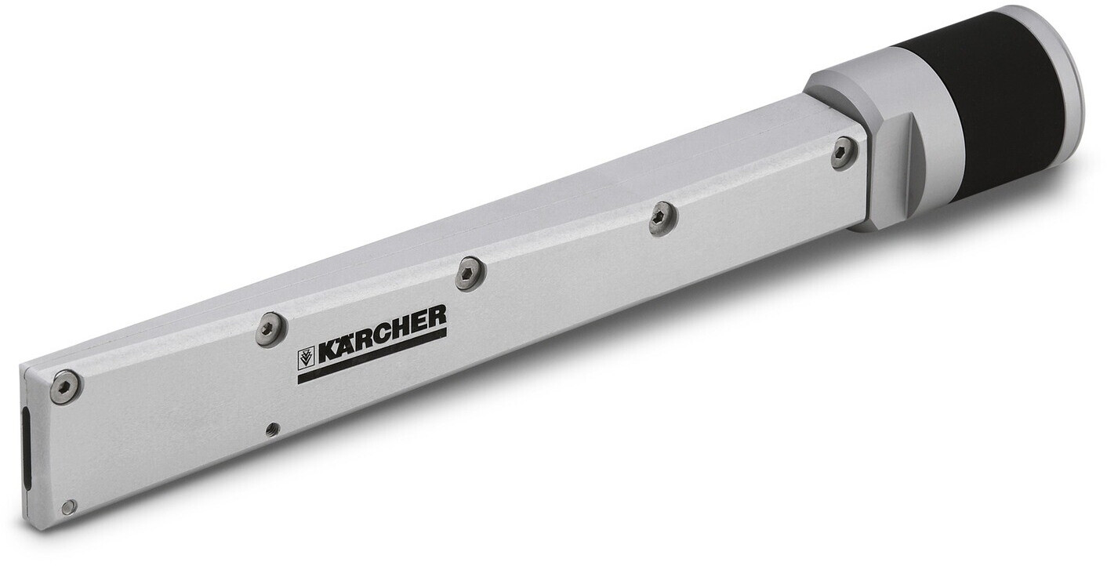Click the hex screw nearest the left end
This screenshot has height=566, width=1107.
point(65,386)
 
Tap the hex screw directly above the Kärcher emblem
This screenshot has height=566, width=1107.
point(269,328)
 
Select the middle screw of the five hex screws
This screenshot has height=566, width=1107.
point(470,274)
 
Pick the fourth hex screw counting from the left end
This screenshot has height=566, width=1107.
point(662,218)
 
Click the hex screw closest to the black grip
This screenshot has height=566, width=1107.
point(844,152)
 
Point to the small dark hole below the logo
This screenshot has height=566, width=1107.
point(272,428)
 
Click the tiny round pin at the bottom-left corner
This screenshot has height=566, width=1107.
point(69,506)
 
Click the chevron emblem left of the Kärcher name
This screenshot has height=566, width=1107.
point(306,359)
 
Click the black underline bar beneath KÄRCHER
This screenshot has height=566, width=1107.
point(372,357)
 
